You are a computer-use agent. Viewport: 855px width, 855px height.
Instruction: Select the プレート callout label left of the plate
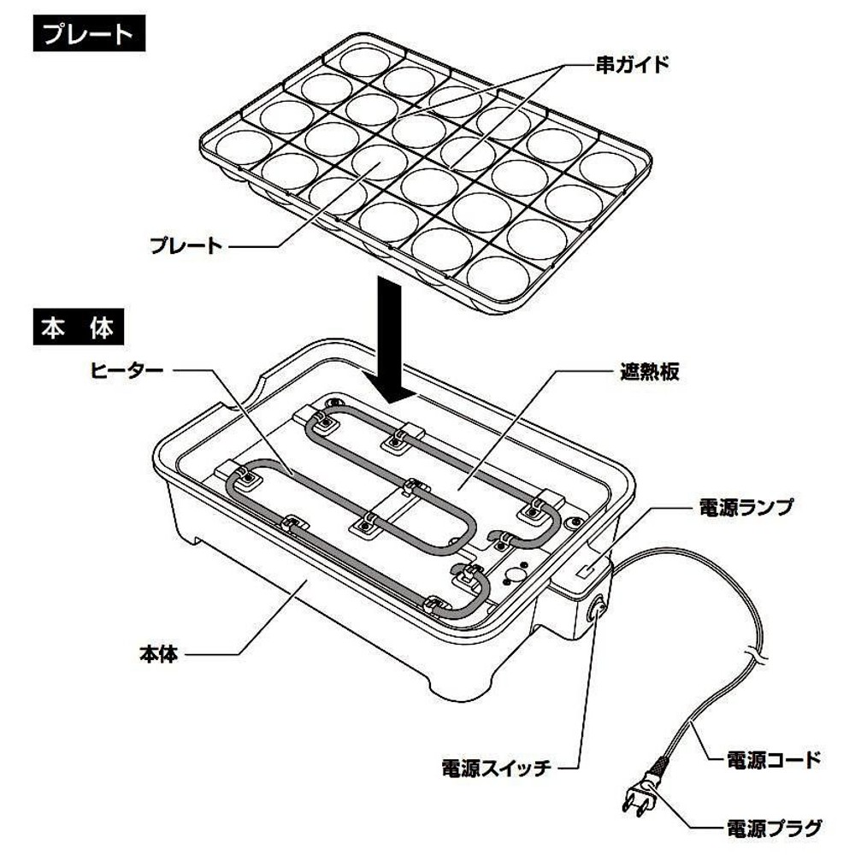coord(186,246)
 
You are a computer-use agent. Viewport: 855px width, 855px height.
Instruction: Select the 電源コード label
coord(774,758)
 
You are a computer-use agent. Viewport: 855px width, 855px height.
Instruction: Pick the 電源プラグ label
coord(774,827)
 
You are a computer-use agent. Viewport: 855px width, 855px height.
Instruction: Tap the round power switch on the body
coord(598,610)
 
